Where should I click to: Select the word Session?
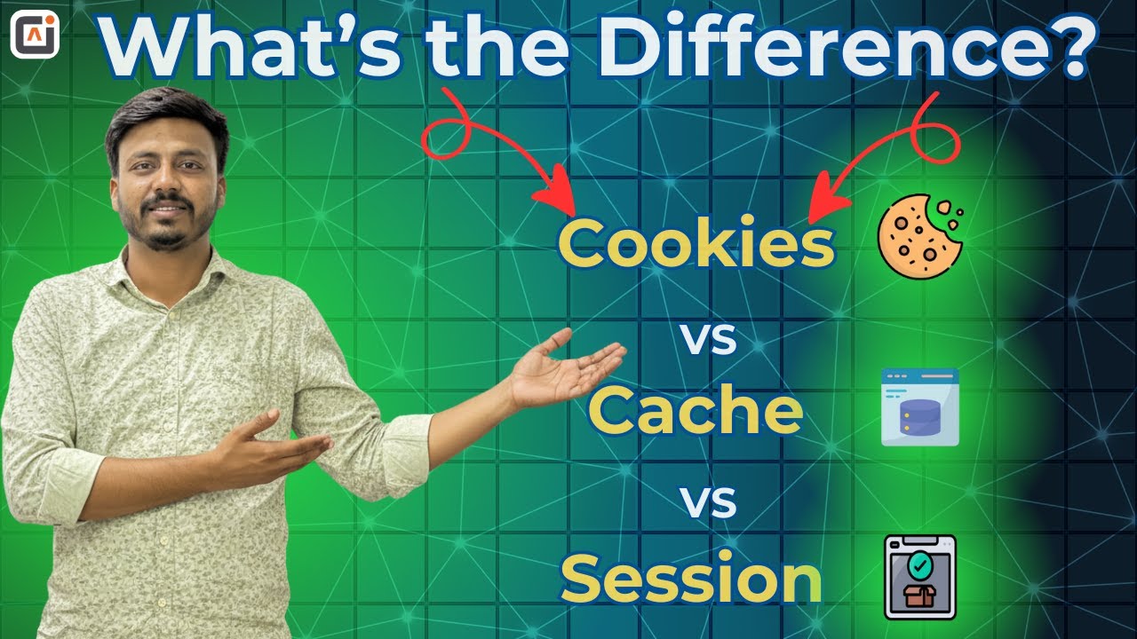[x=691, y=579]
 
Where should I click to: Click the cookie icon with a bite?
[x=920, y=234]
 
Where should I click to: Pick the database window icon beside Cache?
[x=919, y=406]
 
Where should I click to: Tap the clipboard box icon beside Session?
[x=920, y=576]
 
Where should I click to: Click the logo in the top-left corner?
[x=35, y=35]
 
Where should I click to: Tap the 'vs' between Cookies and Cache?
[x=709, y=340]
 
